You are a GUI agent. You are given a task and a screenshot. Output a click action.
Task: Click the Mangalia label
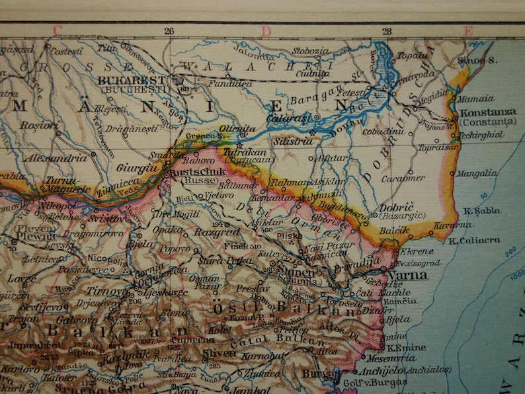pyautogui.click(x=477, y=173)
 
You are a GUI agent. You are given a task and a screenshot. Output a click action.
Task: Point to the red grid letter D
pyautogui.click(x=266, y=30)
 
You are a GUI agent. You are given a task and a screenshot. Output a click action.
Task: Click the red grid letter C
pyautogui.click(x=57, y=30)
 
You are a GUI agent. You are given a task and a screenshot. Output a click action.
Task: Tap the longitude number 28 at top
pyautogui.click(x=386, y=30)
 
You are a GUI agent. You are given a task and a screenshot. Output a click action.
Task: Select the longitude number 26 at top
pyautogui.click(x=169, y=30)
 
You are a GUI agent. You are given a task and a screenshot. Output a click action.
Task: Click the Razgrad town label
pyautogui.click(x=217, y=232)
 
